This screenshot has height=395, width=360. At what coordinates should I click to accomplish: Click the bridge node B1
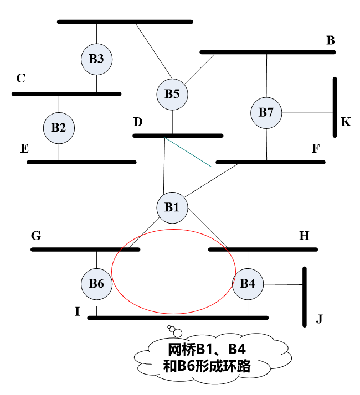point(172,207)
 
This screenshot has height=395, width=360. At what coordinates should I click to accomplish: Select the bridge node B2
point(59,128)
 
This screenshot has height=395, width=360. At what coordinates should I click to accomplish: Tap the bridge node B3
point(96,59)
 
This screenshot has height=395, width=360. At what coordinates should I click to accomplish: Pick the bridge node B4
point(248,284)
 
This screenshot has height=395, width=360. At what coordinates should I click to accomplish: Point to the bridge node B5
point(172,93)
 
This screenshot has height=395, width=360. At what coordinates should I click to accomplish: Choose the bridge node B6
point(96,284)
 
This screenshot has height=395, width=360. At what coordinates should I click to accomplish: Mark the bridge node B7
point(266,112)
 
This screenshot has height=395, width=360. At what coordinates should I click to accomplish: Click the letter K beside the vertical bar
point(346,122)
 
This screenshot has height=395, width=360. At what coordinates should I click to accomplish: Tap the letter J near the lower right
point(319,319)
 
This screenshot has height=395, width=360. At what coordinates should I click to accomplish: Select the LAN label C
point(20,79)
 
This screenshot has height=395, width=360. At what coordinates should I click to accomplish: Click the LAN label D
point(138,122)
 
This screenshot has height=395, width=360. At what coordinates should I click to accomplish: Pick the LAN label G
point(36,236)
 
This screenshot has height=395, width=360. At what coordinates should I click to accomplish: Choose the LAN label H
point(304,236)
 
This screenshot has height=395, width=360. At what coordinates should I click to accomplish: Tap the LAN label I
point(78,311)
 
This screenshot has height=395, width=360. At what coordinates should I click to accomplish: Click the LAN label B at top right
point(330,40)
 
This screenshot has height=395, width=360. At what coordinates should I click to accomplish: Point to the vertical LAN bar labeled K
point(335,107)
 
